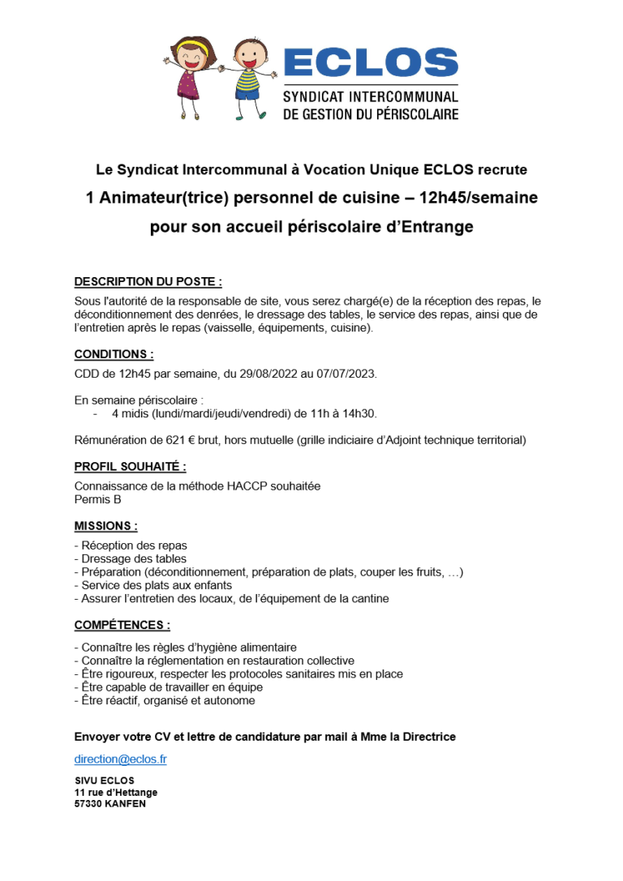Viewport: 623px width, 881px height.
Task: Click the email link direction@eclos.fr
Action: pyautogui.click(x=120, y=759)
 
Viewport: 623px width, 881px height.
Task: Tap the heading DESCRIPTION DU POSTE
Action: pyautogui.click(x=148, y=281)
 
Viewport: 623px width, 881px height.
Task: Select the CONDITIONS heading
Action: pyautogui.click(x=114, y=354)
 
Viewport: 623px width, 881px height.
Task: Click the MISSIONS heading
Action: pyautogui.click(x=105, y=526)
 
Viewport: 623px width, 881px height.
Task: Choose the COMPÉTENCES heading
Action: pyautogui.click(x=122, y=625)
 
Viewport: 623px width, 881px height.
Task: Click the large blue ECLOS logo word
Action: pyautogui.click(x=371, y=63)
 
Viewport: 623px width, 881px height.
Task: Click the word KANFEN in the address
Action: pyautogui.click(x=126, y=804)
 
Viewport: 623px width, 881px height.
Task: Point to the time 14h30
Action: pyautogui.click(x=358, y=413)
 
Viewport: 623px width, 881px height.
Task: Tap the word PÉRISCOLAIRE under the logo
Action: pyautogui.click(x=417, y=114)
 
